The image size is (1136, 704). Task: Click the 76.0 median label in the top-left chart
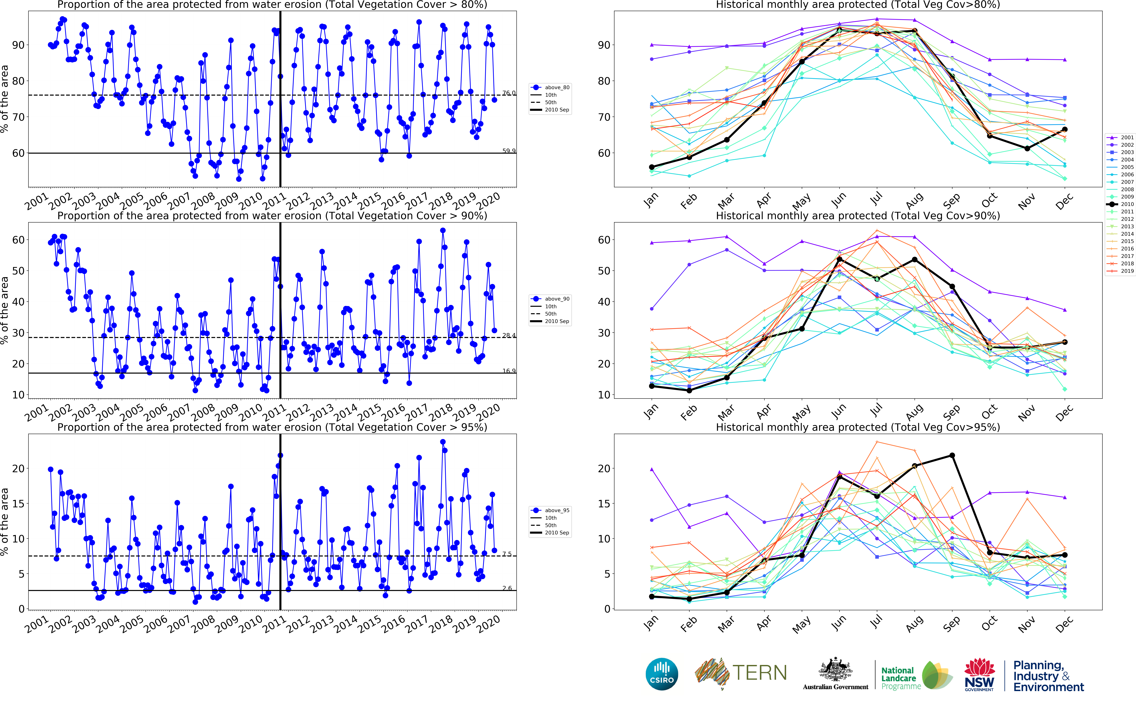tap(509, 93)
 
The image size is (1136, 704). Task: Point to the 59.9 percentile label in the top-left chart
tap(509, 151)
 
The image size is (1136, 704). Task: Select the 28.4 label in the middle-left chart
tap(509, 335)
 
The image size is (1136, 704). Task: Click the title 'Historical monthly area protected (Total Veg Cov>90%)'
tap(858, 216)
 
